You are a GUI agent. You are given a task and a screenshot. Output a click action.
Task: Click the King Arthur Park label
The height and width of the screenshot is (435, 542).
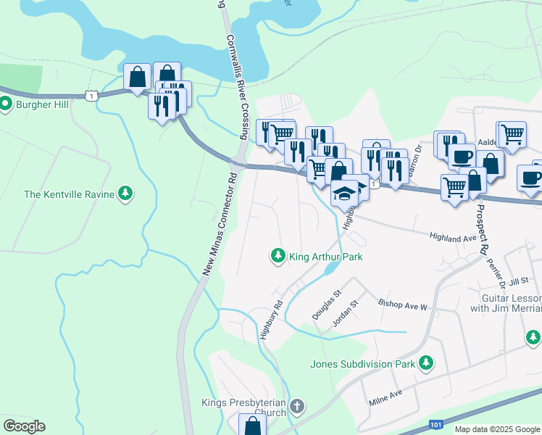pyautogui.click(x=325, y=256)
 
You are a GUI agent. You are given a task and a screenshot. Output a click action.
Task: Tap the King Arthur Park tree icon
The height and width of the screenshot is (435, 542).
pyautogui.click(x=277, y=255)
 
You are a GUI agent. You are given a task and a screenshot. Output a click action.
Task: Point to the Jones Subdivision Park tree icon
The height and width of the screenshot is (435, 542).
pyautogui.click(x=428, y=362)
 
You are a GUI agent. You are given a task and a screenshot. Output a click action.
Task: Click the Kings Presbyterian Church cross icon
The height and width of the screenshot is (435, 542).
pyautogui.click(x=296, y=407)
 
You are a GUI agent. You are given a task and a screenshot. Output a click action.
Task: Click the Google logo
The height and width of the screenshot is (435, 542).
pyautogui.click(x=24, y=426)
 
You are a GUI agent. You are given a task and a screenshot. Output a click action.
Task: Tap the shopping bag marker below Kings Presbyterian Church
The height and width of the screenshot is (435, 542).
pyautogui.click(x=252, y=425)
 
